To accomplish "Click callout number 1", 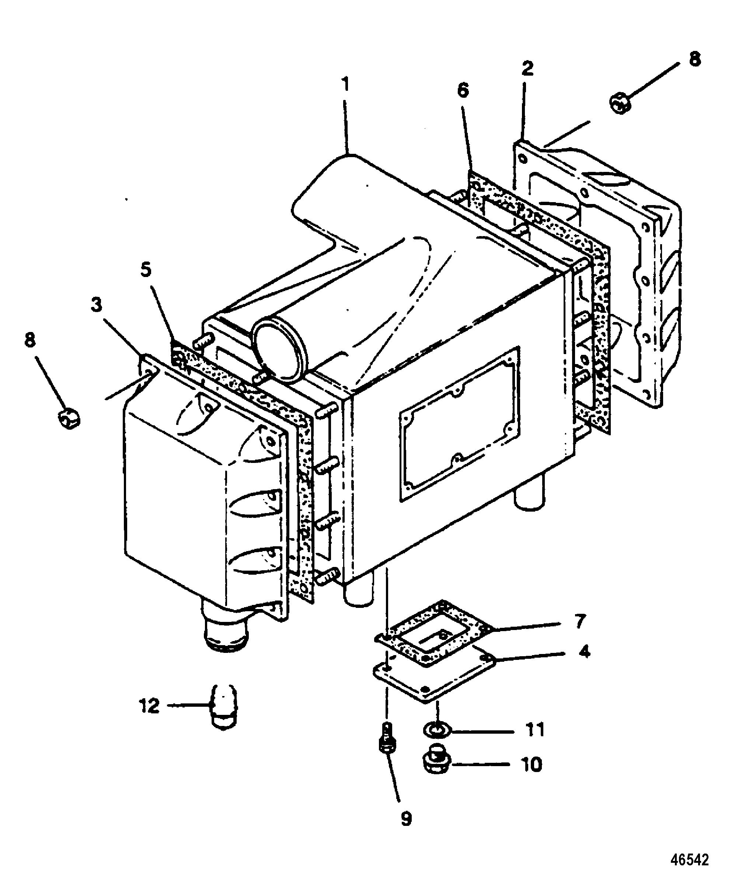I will coord(345,85).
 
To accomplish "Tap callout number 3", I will coord(96,305).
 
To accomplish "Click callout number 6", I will coord(463,90).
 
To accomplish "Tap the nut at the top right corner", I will coord(620,103).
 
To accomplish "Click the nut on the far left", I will coord(69,417).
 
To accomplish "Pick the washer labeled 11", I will coord(436,730).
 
